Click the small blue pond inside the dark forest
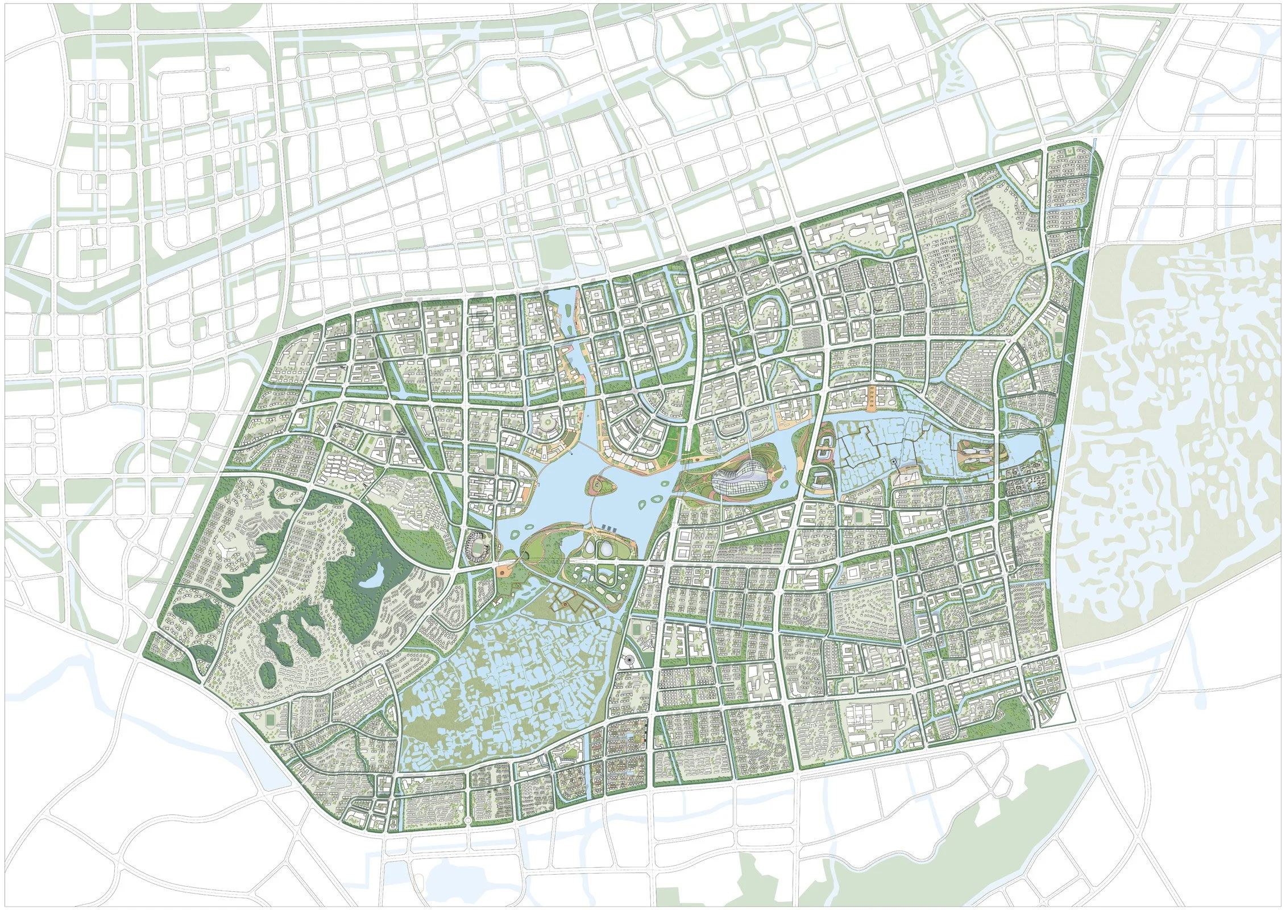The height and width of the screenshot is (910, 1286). tap(371, 580)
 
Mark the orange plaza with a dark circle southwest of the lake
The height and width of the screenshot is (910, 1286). tap(503, 569)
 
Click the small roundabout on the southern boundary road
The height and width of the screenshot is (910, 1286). tap(467, 820)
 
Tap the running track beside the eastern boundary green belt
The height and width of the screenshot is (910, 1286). tap(1057, 338)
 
